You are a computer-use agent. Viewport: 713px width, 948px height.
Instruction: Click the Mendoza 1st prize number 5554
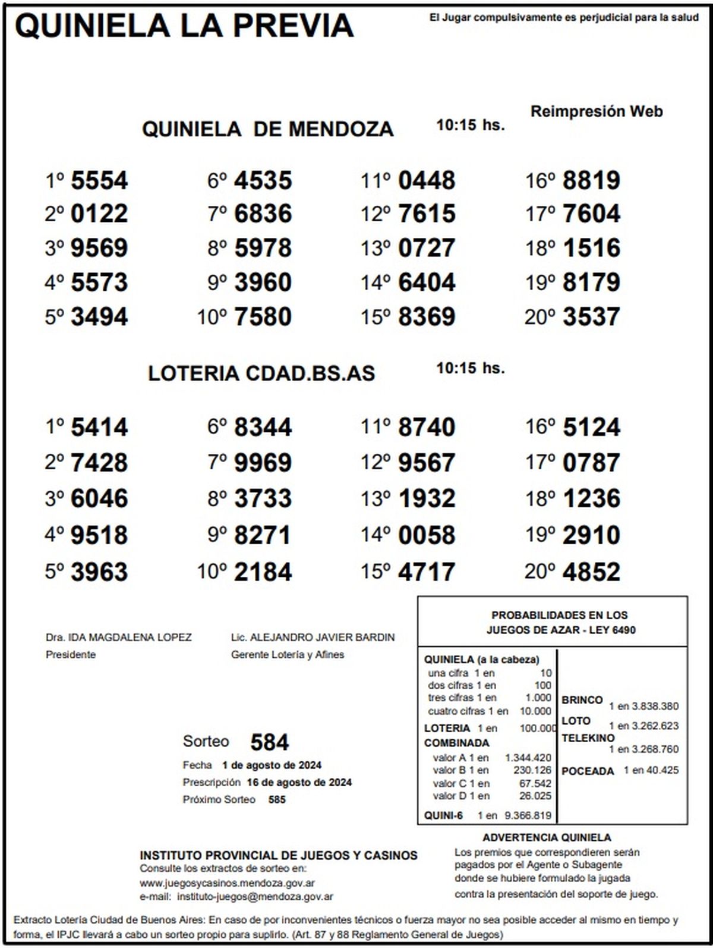(x=99, y=180)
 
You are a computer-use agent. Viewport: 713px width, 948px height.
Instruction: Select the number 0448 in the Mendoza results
(x=426, y=180)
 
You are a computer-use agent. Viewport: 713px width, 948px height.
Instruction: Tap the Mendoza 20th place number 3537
(x=591, y=316)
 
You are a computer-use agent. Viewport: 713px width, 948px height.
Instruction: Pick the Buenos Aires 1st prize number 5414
(x=99, y=427)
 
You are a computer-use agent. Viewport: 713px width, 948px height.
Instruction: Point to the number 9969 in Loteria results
(x=263, y=463)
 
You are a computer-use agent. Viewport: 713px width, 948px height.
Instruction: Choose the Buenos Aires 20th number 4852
(x=591, y=572)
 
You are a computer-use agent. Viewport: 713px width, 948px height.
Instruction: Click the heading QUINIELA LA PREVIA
(x=184, y=26)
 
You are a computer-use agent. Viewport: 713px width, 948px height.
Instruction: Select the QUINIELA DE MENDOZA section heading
(x=267, y=129)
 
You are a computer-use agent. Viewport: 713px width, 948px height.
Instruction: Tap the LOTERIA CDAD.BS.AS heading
(x=261, y=373)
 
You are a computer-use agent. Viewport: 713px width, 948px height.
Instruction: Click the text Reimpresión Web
(x=596, y=111)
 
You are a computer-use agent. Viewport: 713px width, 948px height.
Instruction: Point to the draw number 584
(x=269, y=742)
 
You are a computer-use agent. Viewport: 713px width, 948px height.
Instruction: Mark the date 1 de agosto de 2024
(x=272, y=765)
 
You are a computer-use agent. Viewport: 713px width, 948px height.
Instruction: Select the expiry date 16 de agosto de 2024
(x=299, y=782)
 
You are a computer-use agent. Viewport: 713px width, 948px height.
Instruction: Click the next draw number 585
(x=277, y=799)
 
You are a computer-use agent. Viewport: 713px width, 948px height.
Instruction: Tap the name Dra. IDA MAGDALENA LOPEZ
(x=119, y=638)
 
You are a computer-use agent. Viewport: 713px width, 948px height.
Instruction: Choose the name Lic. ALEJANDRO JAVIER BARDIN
(x=313, y=638)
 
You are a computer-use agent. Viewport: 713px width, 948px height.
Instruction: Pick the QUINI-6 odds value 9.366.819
(x=528, y=815)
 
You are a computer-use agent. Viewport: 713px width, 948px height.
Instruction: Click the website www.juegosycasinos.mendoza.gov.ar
(x=227, y=883)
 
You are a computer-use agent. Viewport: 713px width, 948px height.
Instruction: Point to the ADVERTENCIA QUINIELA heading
(x=547, y=837)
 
